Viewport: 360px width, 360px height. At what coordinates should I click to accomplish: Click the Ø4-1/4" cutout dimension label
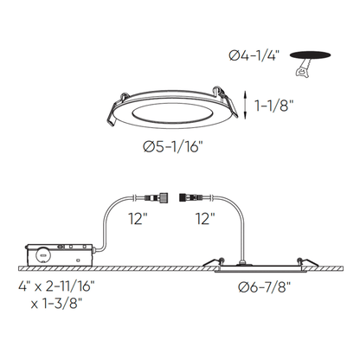pos(254,55)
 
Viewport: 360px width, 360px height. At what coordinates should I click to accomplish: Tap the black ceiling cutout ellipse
pos(310,55)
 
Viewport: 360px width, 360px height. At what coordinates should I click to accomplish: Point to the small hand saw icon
pos(303,67)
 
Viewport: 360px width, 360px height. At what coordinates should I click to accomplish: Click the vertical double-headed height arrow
pos(245,105)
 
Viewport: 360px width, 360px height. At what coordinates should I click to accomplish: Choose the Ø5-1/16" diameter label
pos(172,147)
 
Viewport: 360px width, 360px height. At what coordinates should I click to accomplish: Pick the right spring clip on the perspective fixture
pos(227,101)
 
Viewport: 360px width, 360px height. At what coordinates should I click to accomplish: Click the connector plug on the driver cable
pos(156,197)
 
